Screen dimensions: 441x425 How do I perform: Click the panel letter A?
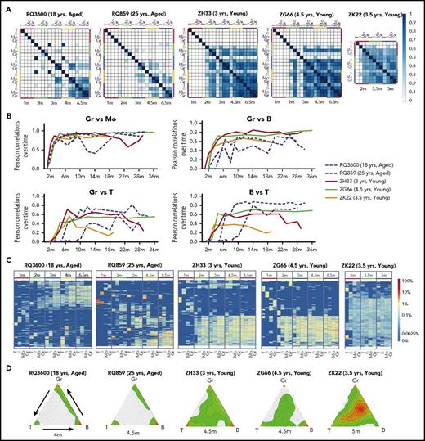point(5,7)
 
